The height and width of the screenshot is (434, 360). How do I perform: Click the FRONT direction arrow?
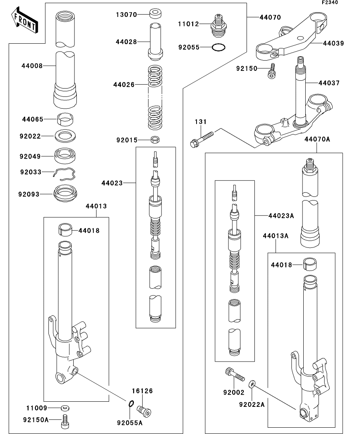(25, 20)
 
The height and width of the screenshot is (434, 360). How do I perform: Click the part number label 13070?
(126, 15)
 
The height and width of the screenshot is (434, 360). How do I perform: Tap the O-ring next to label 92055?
(218, 48)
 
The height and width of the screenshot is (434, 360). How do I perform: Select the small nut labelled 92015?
(155, 140)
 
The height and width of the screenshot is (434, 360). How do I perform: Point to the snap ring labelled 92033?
(65, 174)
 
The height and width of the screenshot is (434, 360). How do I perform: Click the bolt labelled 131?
(202, 139)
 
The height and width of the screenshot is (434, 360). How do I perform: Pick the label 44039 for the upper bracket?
(333, 43)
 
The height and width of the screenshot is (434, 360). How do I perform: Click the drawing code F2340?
(330, 2)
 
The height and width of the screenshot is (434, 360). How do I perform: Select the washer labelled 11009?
(65, 408)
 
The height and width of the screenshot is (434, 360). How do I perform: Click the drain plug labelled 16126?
(144, 410)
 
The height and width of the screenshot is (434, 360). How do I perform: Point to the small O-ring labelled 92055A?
(132, 404)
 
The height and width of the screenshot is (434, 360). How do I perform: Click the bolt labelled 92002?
(235, 375)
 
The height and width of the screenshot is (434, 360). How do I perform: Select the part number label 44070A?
(317, 139)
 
